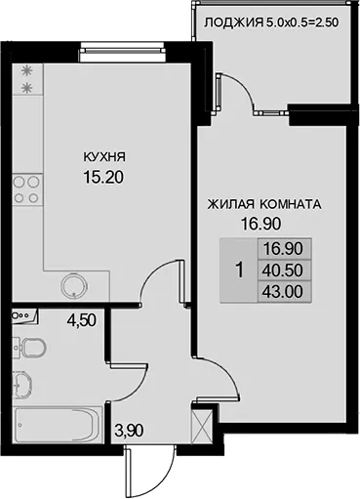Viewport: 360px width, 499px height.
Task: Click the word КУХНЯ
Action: (x=104, y=157)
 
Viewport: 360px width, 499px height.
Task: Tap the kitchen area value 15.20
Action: (x=103, y=178)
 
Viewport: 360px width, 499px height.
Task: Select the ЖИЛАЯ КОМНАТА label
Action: (x=264, y=204)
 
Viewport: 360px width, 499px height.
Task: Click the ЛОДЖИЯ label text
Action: (x=233, y=22)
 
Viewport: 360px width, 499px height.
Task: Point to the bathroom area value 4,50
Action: (x=81, y=320)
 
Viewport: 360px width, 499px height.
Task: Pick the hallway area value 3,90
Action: (x=129, y=431)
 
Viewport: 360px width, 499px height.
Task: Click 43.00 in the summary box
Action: (x=283, y=292)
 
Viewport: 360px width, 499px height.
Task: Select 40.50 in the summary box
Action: (x=283, y=270)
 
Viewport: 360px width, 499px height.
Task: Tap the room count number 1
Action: (x=240, y=270)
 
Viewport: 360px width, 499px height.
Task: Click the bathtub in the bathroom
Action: (x=58, y=425)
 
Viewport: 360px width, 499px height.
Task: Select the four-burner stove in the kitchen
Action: (x=27, y=189)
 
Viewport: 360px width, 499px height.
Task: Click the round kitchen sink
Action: (x=74, y=286)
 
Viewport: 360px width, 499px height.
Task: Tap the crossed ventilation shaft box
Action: (x=203, y=426)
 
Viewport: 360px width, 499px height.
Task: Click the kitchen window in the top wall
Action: (x=122, y=50)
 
